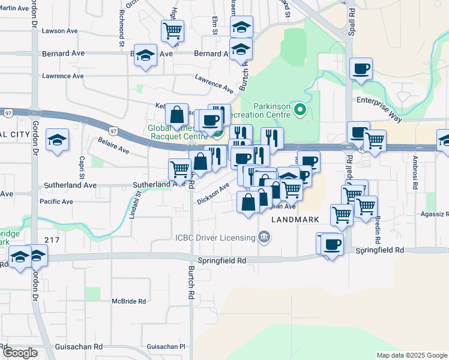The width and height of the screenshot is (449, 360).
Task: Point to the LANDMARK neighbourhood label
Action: click(295, 220)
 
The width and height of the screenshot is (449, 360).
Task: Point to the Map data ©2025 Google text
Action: click(411, 355)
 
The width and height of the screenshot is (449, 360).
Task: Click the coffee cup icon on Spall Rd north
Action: click(361, 70)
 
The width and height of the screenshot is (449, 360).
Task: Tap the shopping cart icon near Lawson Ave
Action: click(172, 30)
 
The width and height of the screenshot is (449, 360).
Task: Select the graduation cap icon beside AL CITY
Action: click(57, 141)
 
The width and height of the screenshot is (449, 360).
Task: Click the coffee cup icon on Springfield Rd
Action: click(332, 244)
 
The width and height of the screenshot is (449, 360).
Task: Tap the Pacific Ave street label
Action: click(56, 202)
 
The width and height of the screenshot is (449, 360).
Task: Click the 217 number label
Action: click(52, 240)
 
